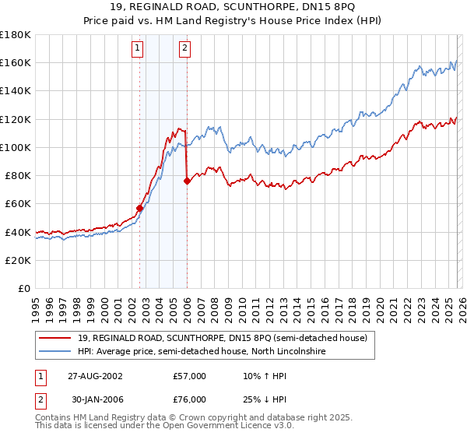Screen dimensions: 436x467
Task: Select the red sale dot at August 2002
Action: tap(140, 208)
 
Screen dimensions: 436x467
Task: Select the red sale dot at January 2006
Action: tap(187, 181)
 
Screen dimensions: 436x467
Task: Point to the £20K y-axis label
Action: tap(18, 260)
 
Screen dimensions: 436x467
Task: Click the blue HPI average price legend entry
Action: tap(203, 351)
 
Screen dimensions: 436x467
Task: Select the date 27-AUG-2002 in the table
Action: tap(94, 375)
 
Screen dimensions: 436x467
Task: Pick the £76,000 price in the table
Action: tap(189, 399)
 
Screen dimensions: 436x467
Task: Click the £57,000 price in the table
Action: tap(189, 375)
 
